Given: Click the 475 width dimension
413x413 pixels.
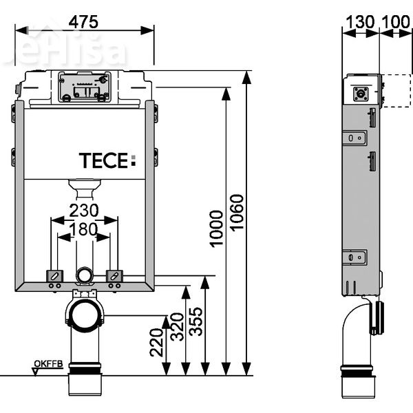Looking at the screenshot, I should click(x=83, y=21).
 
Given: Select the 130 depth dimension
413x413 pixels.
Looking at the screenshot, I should click(x=360, y=21).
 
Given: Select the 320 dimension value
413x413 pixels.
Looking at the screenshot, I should click(x=176, y=326).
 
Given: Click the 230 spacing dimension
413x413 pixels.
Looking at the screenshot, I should click(x=84, y=211).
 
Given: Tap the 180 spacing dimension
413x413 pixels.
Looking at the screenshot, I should click(x=84, y=230).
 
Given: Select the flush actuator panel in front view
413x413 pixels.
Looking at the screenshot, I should click(x=84, y=86).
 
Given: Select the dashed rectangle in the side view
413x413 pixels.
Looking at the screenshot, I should click(x=396, y=91).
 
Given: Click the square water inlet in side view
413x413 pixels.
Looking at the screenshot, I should click(x=360, y=94).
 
